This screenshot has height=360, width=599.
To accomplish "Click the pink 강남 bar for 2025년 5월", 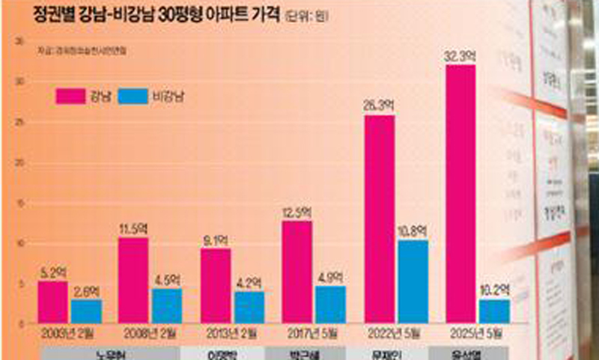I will pyautogui.click(x=460, y=195).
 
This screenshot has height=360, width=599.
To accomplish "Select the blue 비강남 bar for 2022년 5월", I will pyautogui.click(x=413, y=281).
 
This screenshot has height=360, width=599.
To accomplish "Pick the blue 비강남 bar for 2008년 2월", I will pyautogui.click(x=166, y=305).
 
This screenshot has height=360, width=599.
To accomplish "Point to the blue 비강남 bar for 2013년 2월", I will pyautogui.click(x=249, y=307).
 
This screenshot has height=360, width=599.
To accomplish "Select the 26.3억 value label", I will pyautogui.click(x=380, y=106).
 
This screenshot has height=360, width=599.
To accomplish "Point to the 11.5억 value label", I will pyautogui.click(x=133, y=229).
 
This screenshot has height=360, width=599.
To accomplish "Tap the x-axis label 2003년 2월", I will pyautogui.click(x=68, y=332).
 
